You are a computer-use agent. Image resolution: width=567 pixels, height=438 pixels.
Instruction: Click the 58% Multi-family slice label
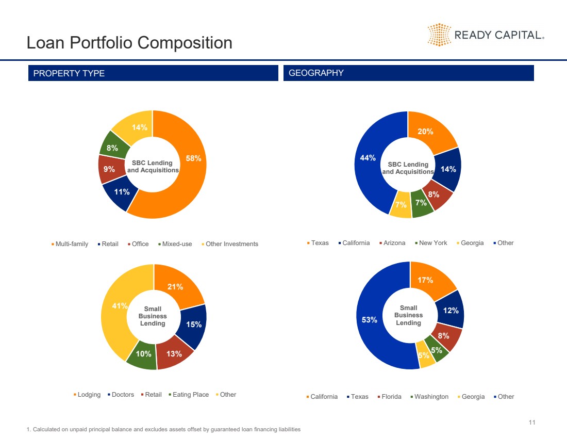pyautogui.click(x=193, y=158)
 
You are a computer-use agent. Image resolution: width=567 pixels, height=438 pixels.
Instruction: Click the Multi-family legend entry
pyautogui.click(x=70, y=244)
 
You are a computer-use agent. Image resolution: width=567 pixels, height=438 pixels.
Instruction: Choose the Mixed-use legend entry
pyautogui.click(x=175, y=244)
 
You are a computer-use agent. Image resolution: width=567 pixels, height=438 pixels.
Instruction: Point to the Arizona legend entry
pyautogui.click(x=392, y=243)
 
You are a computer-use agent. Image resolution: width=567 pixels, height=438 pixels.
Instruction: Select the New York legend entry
pyautogui.click(x=431, y=243)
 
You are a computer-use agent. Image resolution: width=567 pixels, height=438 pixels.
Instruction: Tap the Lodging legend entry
pyautogui.click(x=87, y=395)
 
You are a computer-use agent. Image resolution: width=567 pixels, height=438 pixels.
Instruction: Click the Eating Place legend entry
pyautogui.click(x=189, y=395)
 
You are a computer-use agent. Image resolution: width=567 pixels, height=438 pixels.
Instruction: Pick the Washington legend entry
pyautogui.click(x=429, y=397)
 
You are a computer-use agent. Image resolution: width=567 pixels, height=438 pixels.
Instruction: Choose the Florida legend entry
pyautogui.click(x=390, y=397)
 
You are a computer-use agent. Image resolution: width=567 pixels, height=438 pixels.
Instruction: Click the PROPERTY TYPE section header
pyautogui.click(x=69, y=73)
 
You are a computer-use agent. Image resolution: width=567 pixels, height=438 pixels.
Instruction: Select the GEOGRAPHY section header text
pyautogui.click(x=316, y=73)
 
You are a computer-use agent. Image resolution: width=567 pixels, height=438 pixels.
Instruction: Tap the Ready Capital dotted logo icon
pyautogui.click(x=439, y=35)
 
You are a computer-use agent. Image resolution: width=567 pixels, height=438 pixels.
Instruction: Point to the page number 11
pyautogui.click(x=532, y=423)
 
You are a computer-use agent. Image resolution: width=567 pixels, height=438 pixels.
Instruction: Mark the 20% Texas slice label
pyautogui.click(x=425, y=132)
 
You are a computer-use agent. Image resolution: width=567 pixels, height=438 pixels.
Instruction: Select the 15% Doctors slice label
pyautogui.click(x=194, y=325)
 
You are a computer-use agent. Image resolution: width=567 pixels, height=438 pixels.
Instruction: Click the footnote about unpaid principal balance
pyautogui.click(x=163, y=429)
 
